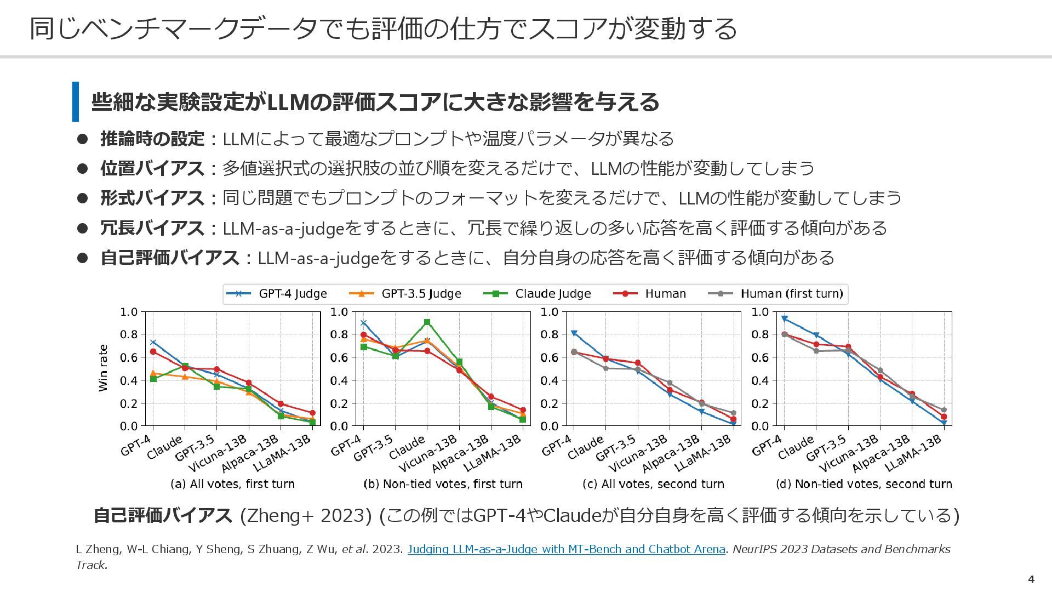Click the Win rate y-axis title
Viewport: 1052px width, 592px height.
point(103,368)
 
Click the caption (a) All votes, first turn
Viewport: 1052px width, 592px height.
point(232,484)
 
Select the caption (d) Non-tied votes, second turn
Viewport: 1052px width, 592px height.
point(864,484)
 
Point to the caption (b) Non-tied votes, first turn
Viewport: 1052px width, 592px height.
point(443,484)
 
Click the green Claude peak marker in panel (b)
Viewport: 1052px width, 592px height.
point(427,322)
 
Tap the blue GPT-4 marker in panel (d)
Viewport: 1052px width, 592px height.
point(785,318)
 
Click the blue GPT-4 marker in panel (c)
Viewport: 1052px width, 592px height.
point(574,333)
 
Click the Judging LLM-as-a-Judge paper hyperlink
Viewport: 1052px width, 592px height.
point(566,549)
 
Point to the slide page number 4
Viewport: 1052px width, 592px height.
point(1031,579)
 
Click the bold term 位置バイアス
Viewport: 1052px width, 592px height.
point(152,168)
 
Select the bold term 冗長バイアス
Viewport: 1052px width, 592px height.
point(152,227)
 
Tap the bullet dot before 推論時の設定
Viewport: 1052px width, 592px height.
point(82,139)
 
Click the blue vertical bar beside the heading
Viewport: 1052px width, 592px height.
point(76,101)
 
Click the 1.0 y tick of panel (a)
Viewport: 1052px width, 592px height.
point(129,312)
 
